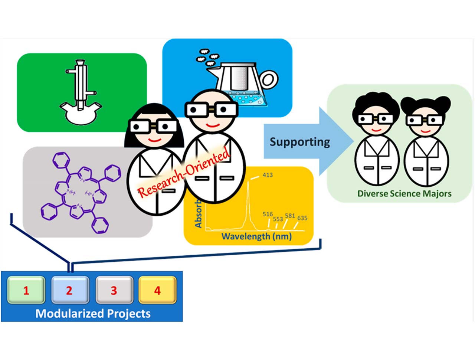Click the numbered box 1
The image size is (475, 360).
coord(26,290)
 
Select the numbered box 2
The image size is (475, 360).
coord(70,290)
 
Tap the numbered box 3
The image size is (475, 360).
coord(114,290)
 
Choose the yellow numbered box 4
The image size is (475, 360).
coord(157,290)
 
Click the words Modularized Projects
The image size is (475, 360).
coord(93,314)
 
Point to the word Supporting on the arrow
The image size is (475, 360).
coord(300,142)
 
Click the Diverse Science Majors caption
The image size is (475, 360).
coord(404,193)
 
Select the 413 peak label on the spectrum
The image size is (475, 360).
coord(268,174)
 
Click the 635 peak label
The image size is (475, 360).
coord(302,218)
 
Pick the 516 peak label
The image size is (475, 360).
coord(268,214)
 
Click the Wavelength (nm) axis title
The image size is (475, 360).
coord(256,236)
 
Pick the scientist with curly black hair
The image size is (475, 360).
coord(376,141)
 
